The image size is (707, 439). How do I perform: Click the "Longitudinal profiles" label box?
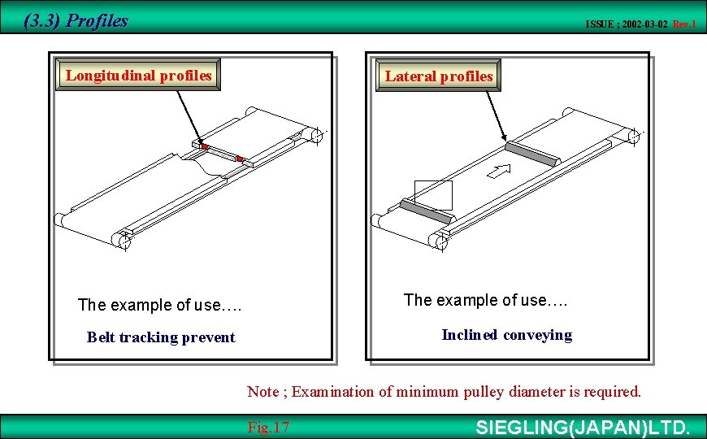[138, 76]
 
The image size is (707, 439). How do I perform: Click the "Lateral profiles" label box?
[439, 76]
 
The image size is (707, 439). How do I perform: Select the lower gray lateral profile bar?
[425, 211]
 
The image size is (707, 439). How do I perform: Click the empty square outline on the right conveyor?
[433, 194]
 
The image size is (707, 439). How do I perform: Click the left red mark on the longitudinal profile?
[205, 147]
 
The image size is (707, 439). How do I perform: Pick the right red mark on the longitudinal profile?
[239, 159]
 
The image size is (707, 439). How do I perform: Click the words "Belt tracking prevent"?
[161, 337]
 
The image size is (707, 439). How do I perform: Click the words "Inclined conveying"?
[506, 335]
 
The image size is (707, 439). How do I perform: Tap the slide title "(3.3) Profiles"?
[76, 21]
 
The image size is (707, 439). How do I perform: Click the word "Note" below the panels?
[262, 392]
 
